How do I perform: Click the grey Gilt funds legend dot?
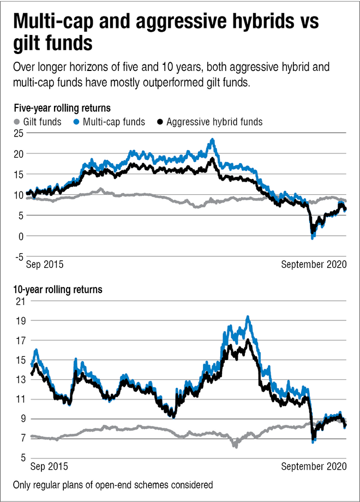pyautogui.click(x=17, y=122)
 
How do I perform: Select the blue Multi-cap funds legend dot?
pyautogui.click(x=77, y=122)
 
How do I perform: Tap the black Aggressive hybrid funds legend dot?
pyautogui.click(x=159, y=122)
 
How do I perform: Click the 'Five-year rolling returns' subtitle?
pyautogui.click(x=63, y=107)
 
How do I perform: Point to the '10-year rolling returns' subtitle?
pyautogui.click(x=58, y=289)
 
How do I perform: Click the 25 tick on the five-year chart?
pyautogui.click(x=19, y=133)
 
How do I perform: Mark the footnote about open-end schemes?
pyautogui.click(x=113, y=485)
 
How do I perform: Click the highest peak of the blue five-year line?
pyautogui.click(x=212, y=140)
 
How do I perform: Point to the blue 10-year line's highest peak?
pyautogui.click(x=248, y=316)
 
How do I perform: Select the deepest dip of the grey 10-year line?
pyautogui.click(x=236, y=446)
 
